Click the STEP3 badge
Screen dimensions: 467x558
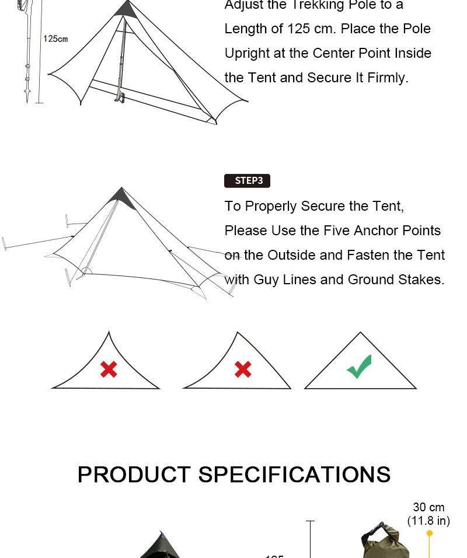(x=248, y=181)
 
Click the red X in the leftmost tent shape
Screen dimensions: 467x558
(x=109, y=369)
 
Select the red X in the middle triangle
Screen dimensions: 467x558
(x=243, y=369)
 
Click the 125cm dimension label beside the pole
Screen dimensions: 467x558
(x=55, y=39)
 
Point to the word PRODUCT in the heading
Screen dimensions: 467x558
(x=134, y=475)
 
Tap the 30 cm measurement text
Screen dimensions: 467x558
(x=428, y=508)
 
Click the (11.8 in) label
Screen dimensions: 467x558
(x=428, y=521)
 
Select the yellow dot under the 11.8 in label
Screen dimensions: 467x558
(x=430, y=533)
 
